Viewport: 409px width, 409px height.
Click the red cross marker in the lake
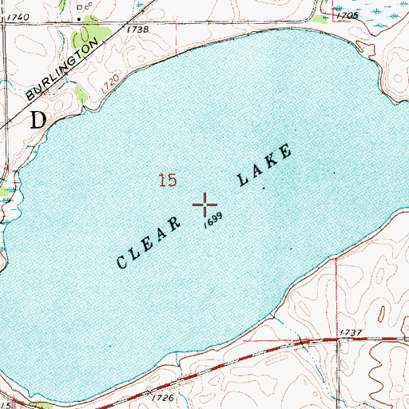pyautogui.click(x=205, y=205)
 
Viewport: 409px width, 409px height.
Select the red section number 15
pyautogui.click(x=166, y=181)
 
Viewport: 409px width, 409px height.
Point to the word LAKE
pyautogui.click(x=264, y=166)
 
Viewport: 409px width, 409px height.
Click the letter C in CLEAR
pyautogui.click(x=124, y=262)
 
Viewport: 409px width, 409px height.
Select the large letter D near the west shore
pyautogui.click(x=38, y=121)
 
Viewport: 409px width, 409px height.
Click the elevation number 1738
pyautogui.click(x=137, y=29)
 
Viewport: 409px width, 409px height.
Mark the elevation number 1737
pyautogui.click(x=351, y=332)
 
